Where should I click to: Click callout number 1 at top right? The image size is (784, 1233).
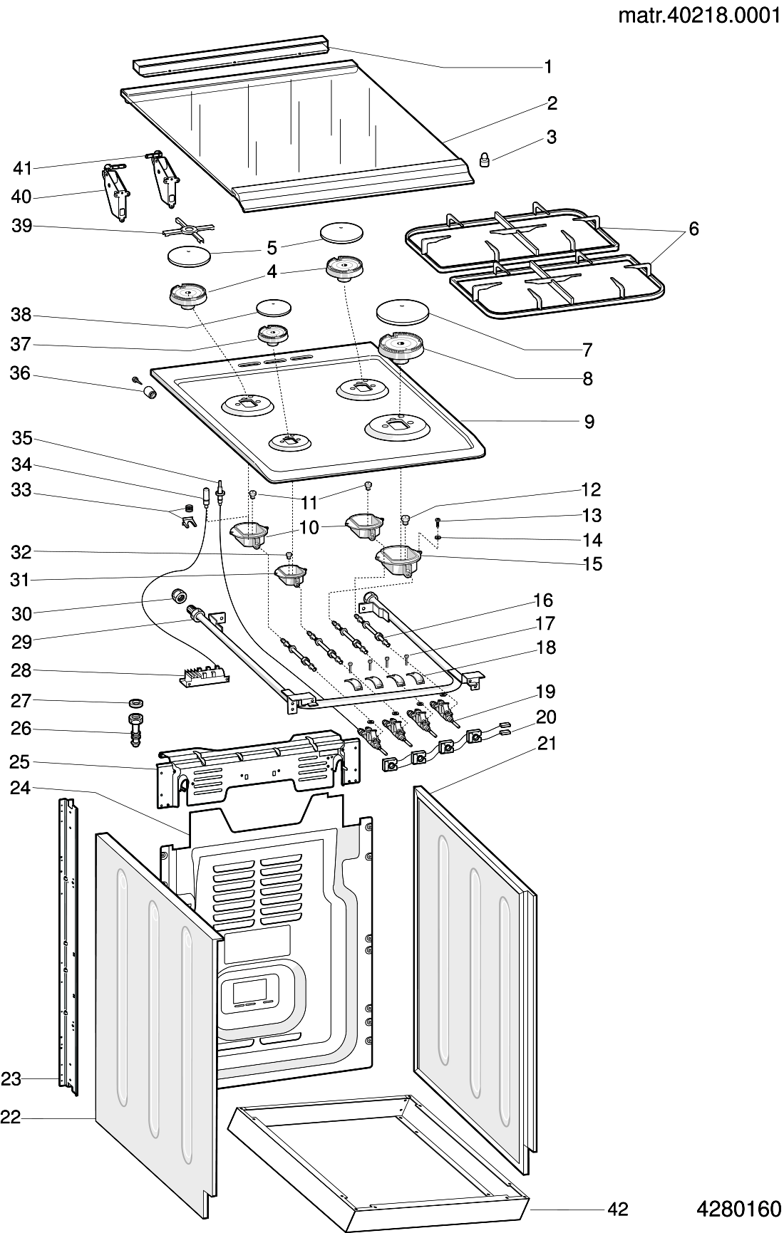[548, 67]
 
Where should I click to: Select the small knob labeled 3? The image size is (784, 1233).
[484, 160]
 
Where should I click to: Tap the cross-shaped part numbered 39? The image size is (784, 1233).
[187, 231]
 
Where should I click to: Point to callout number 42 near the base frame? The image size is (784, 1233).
[617, 1209]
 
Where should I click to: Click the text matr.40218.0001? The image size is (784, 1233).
[698, 16]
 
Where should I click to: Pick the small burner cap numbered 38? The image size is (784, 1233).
[274, 308]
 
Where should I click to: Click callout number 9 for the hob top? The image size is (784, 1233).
[589, 422]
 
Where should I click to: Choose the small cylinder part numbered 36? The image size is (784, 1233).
[150, 393]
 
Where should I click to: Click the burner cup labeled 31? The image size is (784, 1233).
[290, 573]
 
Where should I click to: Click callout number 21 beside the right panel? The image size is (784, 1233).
[547, 744]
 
